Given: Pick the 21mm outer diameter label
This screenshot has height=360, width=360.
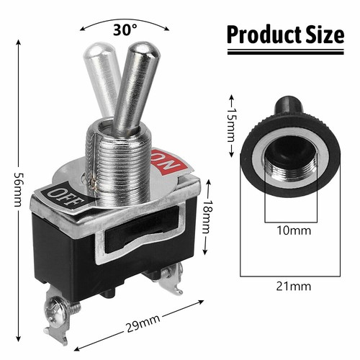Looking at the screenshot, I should tap(295, 286).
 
